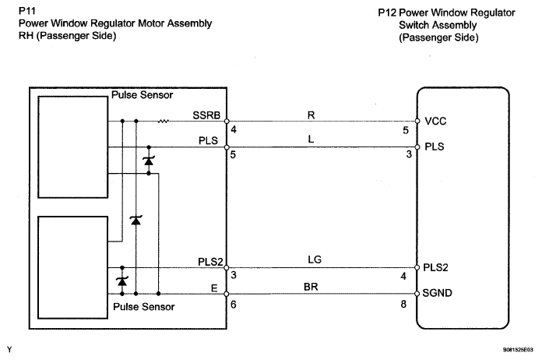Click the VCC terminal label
pos(435,122)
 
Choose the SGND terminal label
pos(439,294)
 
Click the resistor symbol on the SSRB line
pos(164,122)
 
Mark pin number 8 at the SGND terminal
pos(403,305)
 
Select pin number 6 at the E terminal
pos(234,305)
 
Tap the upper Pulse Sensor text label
pos(143,96)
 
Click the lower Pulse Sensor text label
pos(144,306)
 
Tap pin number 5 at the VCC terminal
pos(404,132)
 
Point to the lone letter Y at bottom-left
pos(9,348)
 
